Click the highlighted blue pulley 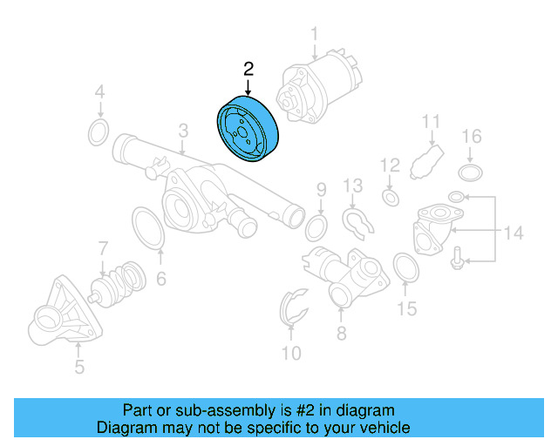click(x=247, y=130)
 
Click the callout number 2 click(x=248, y=68)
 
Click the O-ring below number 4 click(x=99, y=133)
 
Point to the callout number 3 click(x=183, y=132)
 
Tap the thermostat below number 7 click(x=119, y=283)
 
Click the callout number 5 click(x=79, y=368)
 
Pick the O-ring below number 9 click(x=317, y=229)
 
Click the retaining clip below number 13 click(x=358, y=223)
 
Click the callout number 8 click(x=341, y=333)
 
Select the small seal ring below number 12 click(x=391, y=199)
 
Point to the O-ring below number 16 click(x=471, y=171)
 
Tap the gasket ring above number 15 click(x=405, y=268)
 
